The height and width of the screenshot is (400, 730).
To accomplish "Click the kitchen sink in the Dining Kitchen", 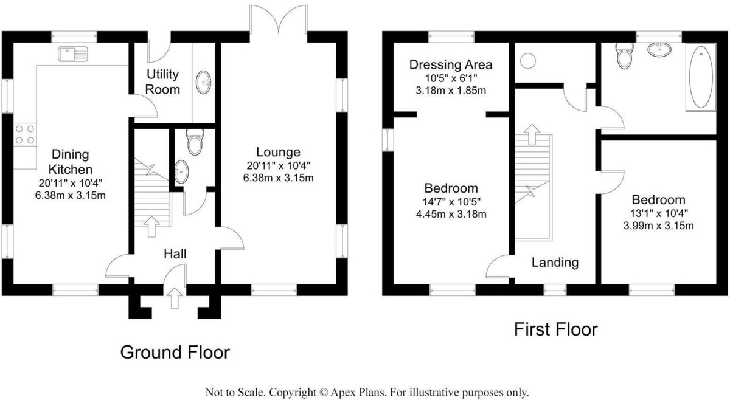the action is point(74,53).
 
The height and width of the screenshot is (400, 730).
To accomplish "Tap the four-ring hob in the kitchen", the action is point(25,134).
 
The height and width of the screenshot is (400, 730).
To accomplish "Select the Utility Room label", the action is point(162,81).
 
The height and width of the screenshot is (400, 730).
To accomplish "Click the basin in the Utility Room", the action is point(203,83).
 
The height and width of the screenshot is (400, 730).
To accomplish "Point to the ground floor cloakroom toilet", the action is point(195,142).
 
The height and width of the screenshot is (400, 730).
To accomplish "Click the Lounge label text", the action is point(278,152).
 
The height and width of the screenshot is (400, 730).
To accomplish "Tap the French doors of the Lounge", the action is point(279,19).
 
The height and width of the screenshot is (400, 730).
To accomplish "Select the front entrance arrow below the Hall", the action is point(175,298).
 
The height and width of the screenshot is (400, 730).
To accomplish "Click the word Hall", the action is point(175,253).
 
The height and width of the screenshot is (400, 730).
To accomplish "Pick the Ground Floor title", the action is point(175,352).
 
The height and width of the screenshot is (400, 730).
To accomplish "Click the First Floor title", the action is point(556,329).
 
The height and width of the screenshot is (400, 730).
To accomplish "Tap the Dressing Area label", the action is point(451,64).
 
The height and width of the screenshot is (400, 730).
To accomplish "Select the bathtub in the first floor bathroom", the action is point(701,77).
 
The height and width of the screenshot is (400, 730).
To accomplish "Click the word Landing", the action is point(555,262).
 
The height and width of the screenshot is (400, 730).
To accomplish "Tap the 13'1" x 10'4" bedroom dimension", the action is point(659,213).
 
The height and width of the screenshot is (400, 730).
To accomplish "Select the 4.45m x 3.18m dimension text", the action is point(451,214).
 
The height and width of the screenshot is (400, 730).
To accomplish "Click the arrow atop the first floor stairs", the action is point(532,134).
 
